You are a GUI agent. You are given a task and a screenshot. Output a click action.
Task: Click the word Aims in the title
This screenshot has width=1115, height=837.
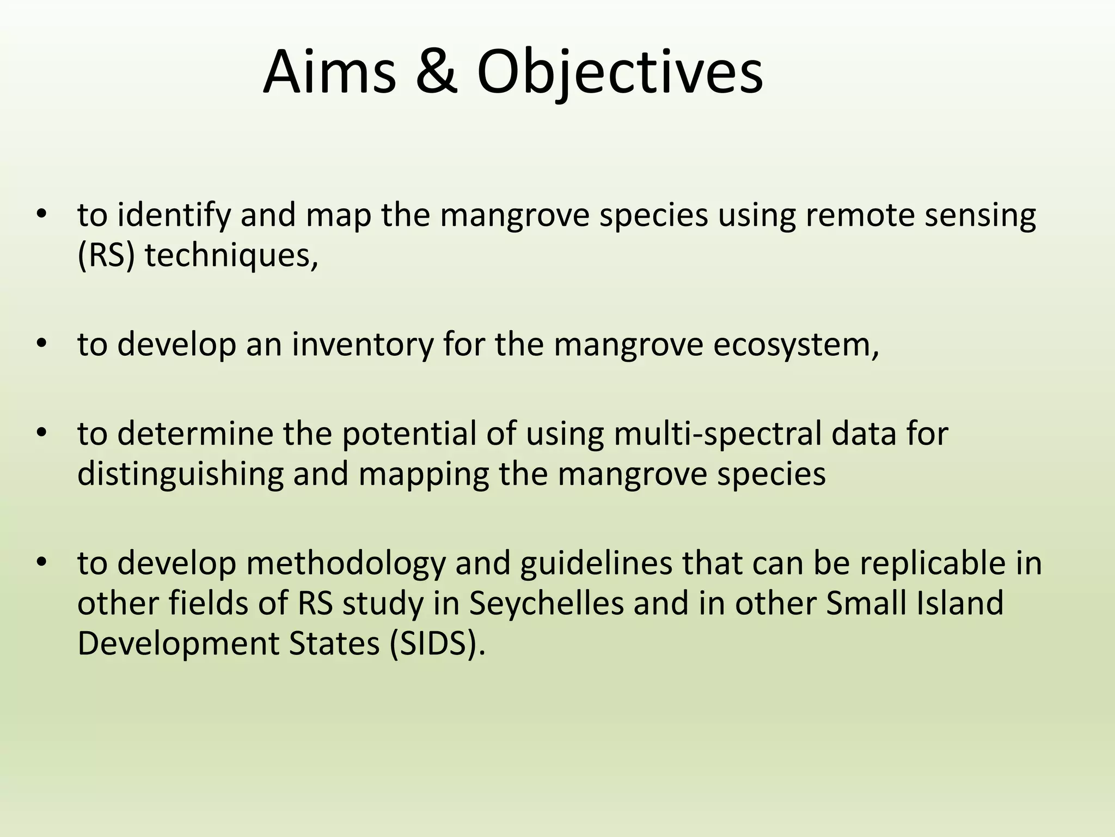(x=330, y=72)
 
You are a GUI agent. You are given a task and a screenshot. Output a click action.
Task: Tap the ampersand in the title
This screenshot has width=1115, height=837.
(x=436, y=72)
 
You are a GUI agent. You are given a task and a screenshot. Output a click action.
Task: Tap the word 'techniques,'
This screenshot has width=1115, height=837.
(x=231, y=256)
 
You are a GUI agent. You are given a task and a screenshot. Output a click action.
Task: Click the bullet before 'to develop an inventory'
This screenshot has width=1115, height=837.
(x=42, y=344)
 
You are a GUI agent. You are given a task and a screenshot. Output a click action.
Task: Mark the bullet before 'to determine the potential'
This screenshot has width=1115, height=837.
(x=42, y=434)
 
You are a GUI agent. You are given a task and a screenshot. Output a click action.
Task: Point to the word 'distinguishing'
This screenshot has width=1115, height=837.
(x=180, y=475)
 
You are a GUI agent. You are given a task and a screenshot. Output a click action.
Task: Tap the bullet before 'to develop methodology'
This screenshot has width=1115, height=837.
(x=42, y=563)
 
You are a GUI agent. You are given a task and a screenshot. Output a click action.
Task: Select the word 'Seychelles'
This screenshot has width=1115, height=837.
(x=546, y=604)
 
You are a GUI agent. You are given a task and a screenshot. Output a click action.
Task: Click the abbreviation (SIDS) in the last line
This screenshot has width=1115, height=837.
(x=436, y=644)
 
